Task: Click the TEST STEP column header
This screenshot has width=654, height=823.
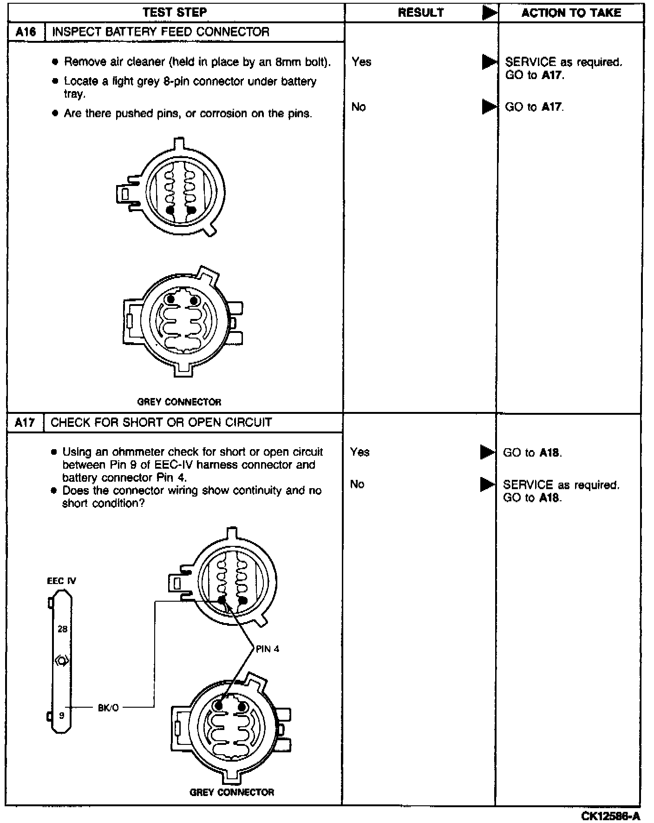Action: pyautogui.click(x=175, y=13)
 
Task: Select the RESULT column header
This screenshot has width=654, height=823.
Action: pyautogui.click(x=421, y=13)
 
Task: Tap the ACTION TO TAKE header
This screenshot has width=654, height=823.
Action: pyautogui.click(x=571, y=13)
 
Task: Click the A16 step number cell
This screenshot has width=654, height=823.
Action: pyautogui.click(x=26, y=32)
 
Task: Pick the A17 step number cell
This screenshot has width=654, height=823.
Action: pyautogui.click(x=25, y=423)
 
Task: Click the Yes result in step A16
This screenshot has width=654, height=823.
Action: pyautogui.click(x=361, y=62)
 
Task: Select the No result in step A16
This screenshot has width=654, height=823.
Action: pyautogui.click(x=359, y=107)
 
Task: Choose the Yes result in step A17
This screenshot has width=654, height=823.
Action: pyautogui.click(x=360, y=452)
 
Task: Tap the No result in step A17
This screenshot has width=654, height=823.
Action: pyautogui.click(x=357, y=485)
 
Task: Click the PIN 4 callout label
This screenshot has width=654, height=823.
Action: pyautogui.click(x=268, y=649)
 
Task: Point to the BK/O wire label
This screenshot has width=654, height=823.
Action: pyautogui.click(x=108, y=708)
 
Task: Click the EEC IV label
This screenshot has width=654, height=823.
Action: pyautogui.click(x=61, y=581)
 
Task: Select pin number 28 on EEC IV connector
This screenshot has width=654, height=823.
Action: pyautogui.click(x=62, y=629)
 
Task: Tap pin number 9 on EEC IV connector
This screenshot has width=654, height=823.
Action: pyautogui.click(x=61, y=716)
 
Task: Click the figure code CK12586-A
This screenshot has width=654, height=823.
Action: pyautogui.click(x=610, y=816)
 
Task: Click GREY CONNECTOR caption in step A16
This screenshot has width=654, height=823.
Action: pyautogui.click(x=179, y=402)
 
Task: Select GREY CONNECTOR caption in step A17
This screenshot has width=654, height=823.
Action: pyautogui.click(x=232, y=792)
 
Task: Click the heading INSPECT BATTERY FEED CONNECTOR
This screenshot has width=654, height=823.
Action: pyautogui.click(x=161, y=32)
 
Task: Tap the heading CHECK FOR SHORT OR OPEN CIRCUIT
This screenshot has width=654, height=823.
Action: pyautogui.click(x=161, y=423)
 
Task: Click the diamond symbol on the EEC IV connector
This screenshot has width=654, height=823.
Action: pyautogui.click(x=62, y=661)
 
